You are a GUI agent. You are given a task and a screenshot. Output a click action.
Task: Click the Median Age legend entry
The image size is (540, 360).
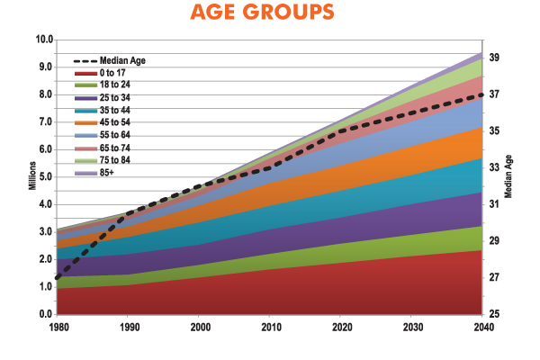click(x=117, y=60)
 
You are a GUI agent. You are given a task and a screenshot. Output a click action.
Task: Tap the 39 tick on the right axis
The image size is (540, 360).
click(x=494, y=58)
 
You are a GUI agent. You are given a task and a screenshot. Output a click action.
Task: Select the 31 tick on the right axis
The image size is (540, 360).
click(x=494, y=204)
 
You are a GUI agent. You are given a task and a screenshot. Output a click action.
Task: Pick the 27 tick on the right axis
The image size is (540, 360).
click(x=494, y=278)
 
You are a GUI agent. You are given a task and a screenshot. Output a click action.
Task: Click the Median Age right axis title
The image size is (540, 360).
click(x=509, y=180)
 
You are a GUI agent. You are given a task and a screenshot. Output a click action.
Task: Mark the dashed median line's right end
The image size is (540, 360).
click(x=483, y=94)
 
